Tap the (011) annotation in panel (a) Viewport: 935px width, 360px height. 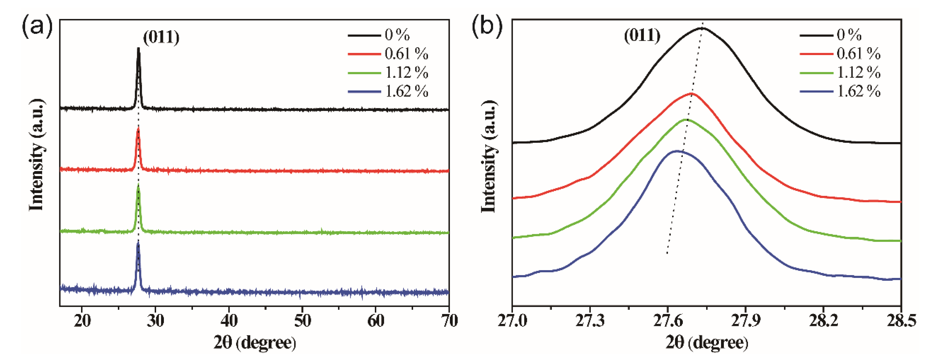(x=161, y=37)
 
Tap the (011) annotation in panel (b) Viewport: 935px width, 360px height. (x=642, y=36)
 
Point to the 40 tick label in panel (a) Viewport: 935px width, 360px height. (x=229, y=321)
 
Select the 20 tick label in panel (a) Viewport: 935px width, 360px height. (x=82, y=321)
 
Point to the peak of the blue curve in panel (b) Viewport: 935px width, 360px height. (x=676, y=151)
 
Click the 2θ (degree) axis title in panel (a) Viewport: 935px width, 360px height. (x=255, y=343)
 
